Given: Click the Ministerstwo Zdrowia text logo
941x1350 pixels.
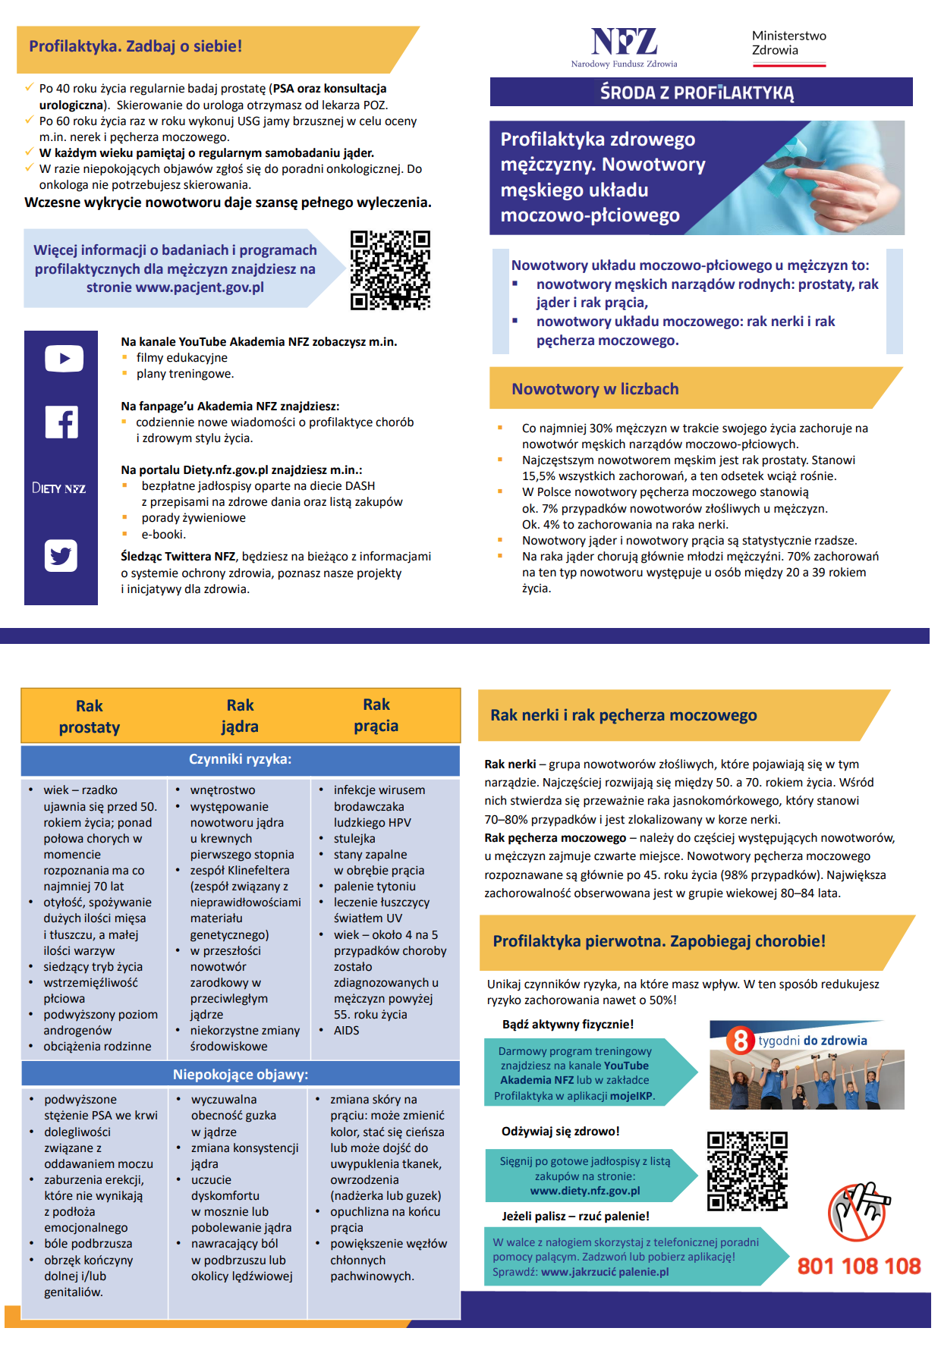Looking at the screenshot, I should point(788,43).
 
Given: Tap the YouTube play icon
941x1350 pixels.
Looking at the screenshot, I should point(64,359).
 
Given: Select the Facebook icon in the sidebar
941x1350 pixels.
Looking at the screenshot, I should point(61,422).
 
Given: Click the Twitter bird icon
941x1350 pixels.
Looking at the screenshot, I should point(61,556).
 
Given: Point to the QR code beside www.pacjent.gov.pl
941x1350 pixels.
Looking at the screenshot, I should point(390,270).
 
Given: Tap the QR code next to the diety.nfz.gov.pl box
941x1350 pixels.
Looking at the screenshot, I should point(747,1171).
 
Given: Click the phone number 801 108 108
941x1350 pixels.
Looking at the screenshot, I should point(858,1266).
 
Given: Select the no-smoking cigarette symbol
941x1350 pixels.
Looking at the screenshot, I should point(857,1211).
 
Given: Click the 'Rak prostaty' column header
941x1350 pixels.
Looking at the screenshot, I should point(90,716).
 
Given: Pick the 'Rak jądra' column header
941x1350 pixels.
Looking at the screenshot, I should point(240,715).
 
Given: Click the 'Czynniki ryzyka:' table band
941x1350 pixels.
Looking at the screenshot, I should point(240,759).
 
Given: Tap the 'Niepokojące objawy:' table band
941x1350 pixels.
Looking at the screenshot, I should point(240,1074).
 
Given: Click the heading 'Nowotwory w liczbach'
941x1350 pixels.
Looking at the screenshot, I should point(595,389).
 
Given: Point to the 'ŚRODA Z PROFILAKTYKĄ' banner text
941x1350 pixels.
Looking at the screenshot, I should point(697,93).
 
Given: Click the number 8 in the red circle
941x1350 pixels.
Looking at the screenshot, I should point(740,1040).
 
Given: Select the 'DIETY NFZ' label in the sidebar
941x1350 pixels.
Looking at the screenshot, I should point(59,488).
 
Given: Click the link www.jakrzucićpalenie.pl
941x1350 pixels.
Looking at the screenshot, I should point(604,1272).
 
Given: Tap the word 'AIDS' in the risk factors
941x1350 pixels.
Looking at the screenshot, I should point(346,1030).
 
